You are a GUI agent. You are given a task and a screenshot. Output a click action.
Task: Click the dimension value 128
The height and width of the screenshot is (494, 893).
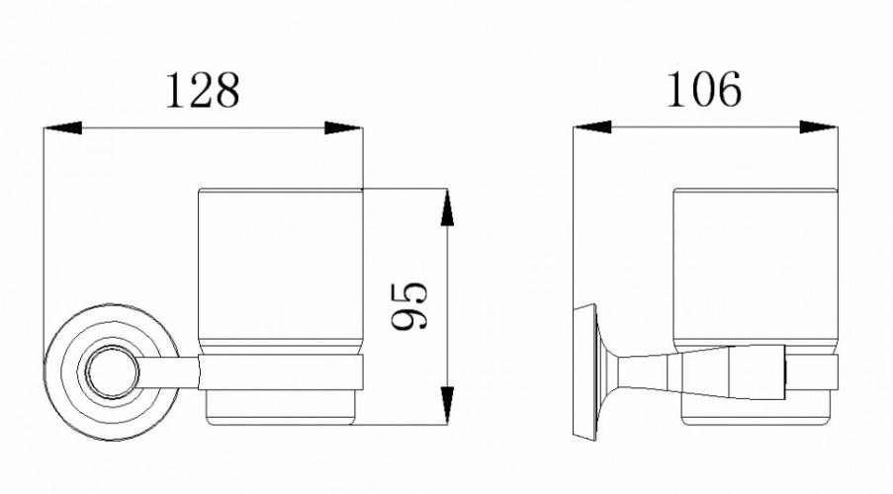pos(202,90)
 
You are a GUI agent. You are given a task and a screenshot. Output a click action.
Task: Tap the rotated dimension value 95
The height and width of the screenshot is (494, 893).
pos(408,305)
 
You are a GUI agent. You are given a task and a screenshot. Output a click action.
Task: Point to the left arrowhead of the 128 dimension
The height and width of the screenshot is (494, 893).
pos(62,128)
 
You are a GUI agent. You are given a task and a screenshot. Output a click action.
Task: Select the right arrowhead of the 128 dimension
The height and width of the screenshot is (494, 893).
pos(343,128)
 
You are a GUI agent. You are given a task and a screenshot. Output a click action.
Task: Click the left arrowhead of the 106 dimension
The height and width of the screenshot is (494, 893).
pos(592,126)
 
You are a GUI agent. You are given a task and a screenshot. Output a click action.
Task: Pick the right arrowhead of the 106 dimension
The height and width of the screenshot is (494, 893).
pos(819,126)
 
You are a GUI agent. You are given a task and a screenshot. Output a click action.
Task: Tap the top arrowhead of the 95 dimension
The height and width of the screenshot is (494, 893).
pos(448,207)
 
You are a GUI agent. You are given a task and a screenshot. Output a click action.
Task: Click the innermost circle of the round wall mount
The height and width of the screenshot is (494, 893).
pos(112,371)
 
